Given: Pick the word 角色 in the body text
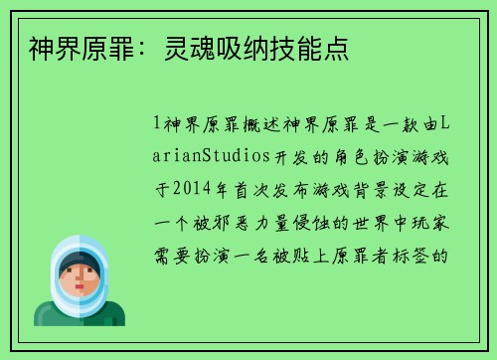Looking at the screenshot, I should click(x=359, y=154).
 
